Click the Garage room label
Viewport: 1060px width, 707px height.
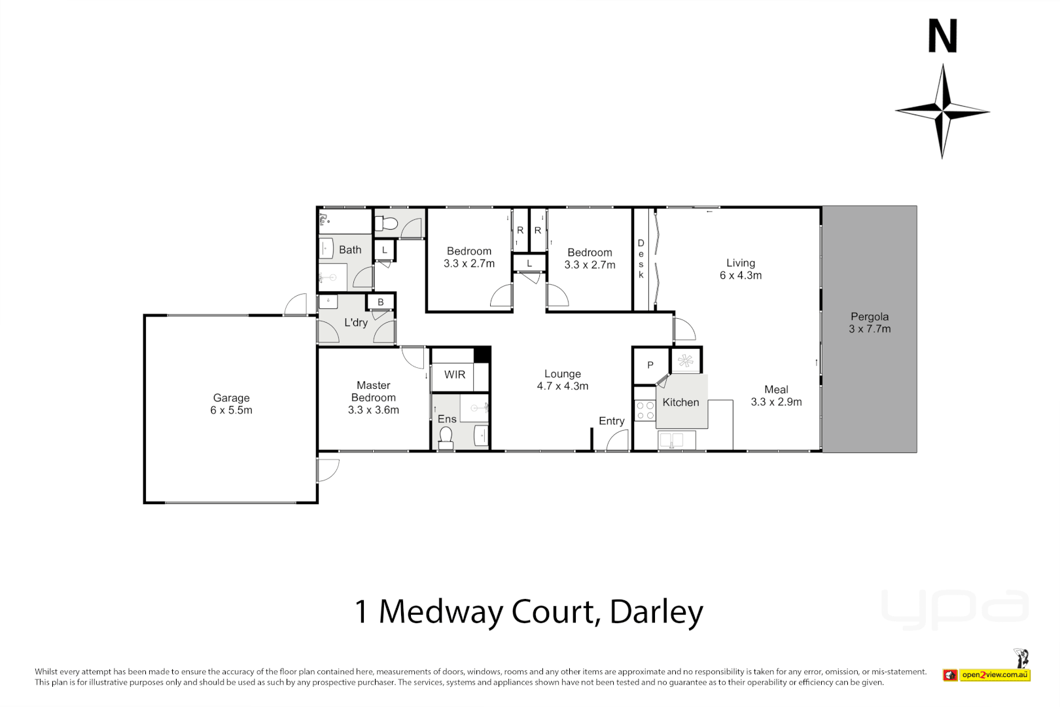[231, 404]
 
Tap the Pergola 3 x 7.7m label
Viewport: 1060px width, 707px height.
[870, 323]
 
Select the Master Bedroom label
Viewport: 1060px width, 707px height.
[373, 397]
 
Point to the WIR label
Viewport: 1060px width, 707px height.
[455, 374]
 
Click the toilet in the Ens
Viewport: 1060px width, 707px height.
[446, 437]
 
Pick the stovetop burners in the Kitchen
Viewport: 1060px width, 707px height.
[645, 410]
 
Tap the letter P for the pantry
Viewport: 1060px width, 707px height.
[650, 365]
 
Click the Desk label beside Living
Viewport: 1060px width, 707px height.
[641, 259]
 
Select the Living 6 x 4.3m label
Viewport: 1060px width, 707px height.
[741, 269]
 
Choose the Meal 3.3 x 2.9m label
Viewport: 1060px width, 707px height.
[776, 395]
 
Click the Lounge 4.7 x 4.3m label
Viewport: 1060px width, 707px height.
[563, 380]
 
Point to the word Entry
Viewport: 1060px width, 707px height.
[612, 421]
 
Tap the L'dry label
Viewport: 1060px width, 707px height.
[356, 322]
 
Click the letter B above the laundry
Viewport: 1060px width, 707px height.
[381, 302]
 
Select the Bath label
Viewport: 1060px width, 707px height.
[350, 249]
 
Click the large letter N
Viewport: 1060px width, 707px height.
[943, 37]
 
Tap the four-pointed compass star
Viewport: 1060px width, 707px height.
[942, 111]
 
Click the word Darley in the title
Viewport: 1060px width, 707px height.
[656, 612]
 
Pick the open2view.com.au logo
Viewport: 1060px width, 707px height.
[995, 675]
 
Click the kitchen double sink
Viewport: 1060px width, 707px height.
[671, 441]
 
